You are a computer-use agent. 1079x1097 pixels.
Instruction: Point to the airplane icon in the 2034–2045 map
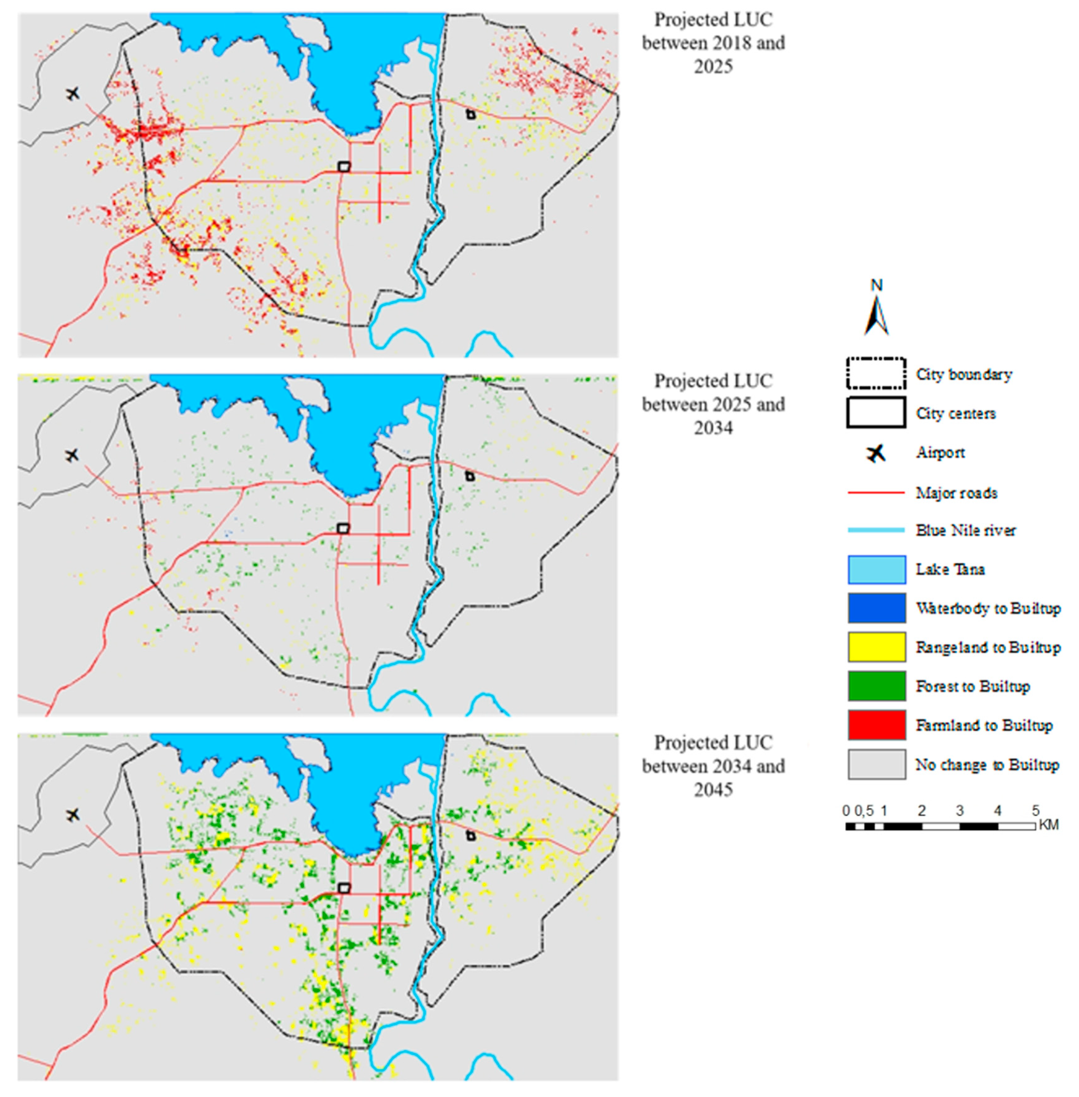pos(72,815)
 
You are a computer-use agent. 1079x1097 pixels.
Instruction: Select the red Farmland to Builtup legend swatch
pos(876,725)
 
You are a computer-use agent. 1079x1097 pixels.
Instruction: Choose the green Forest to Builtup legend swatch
pos(876,686)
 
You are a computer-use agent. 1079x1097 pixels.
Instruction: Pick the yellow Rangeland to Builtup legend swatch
pos(876,647)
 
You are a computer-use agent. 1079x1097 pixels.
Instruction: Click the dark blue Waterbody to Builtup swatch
pos(876,608)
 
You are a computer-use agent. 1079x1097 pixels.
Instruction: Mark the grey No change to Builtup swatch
pos(876,764)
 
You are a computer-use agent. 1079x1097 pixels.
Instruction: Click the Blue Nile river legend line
pos(876,530)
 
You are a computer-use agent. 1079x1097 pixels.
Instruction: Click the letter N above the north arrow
pos(876,285)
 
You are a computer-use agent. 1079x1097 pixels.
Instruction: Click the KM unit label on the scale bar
pos(1049,825)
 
